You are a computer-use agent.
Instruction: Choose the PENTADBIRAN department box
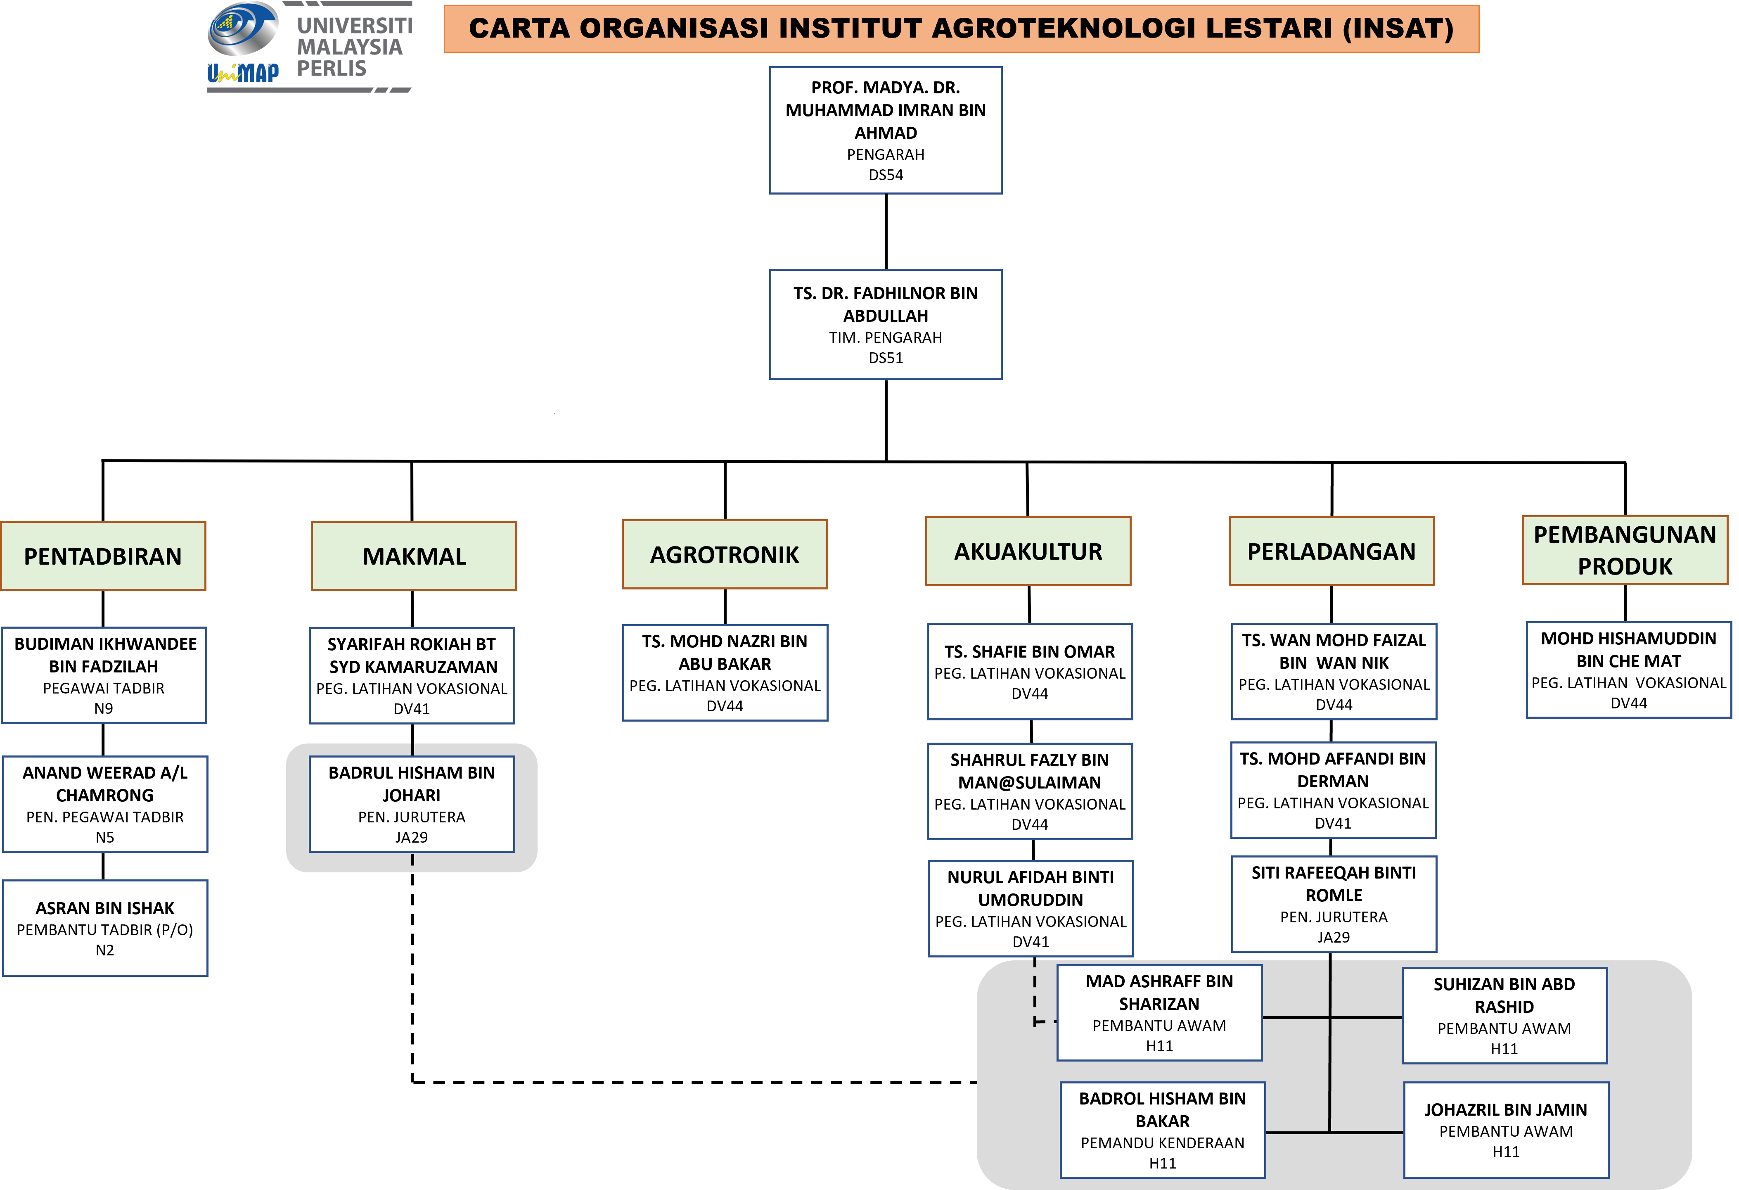click(x=103, y=556)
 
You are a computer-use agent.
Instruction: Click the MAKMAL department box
click(x=414, y=556)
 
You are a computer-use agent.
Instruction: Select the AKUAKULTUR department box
click(x=1028, y=551)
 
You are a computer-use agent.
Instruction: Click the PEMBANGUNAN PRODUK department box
click(x=1625, y=550)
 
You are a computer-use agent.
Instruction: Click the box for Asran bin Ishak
click(x=105, y=928)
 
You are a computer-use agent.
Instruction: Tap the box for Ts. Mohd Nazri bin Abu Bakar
click(x=725, y=673)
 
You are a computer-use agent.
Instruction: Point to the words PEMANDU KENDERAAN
click(x=1162, y=1143)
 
